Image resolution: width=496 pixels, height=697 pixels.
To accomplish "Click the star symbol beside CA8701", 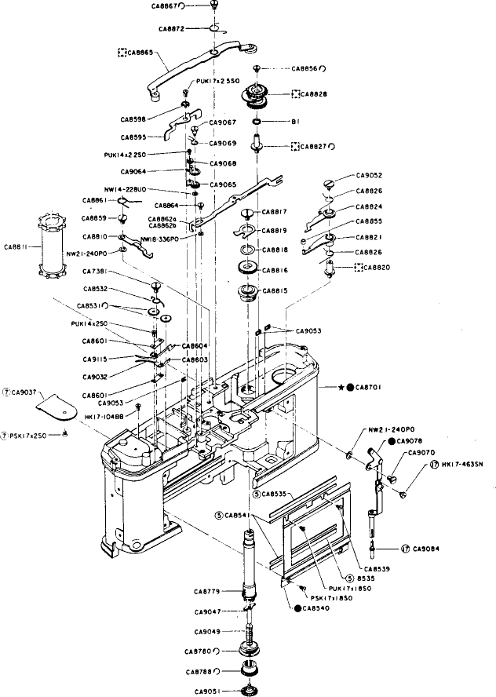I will click(x=340, y=387).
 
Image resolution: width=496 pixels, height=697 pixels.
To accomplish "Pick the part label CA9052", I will click(x=369, y=175).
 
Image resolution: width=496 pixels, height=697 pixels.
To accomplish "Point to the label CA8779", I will click(x=208, y=590).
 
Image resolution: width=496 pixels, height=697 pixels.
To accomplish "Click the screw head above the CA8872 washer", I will click(x=213, y=7).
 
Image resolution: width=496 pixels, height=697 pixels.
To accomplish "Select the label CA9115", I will click(x=97, y=359).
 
